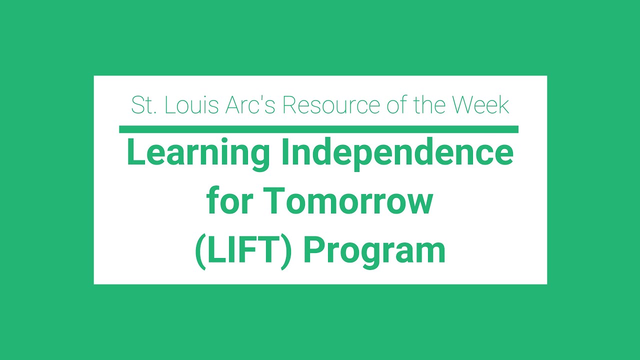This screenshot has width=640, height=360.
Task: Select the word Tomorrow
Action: click(347, 201)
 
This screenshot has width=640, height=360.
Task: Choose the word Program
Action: click(374, 252)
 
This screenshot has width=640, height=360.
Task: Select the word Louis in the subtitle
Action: click(190, 105)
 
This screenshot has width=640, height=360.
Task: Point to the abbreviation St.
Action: click(142, 105)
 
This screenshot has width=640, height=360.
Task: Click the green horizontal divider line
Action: click(318, 129)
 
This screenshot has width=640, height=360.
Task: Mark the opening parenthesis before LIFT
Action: click(199, 251)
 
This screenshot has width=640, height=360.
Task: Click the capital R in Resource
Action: click(288, 105)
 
